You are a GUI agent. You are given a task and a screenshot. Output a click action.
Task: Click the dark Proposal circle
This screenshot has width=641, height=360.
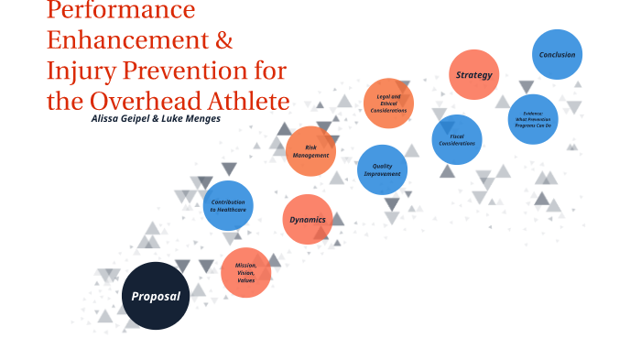coord(156,296)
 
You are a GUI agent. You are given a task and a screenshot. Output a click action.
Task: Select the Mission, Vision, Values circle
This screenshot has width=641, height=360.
coord(245,272)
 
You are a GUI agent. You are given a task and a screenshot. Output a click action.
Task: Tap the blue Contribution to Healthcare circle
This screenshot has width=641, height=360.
coord(228,206)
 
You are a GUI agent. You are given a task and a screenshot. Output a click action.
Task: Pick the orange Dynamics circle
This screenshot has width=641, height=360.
coord(308,220)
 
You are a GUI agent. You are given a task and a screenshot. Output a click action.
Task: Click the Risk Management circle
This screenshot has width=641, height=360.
coord(310,151)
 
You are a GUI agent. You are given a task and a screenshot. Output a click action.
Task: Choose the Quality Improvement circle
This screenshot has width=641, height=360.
coord(382,169)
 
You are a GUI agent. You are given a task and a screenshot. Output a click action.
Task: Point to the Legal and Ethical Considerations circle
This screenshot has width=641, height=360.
coord(388,103)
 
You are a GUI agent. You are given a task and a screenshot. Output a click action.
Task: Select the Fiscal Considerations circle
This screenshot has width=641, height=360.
coord(456,139)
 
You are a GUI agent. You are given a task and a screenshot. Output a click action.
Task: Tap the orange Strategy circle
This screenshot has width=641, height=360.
coord(473,74)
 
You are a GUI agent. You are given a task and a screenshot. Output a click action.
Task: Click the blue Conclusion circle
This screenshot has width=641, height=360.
coord(557,55)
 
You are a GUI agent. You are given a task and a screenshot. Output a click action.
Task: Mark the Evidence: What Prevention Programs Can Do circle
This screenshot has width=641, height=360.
coord(532,119)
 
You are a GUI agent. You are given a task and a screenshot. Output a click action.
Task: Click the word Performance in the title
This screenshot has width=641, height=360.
coord(121,11)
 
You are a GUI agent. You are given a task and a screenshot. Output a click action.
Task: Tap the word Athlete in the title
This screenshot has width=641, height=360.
coord(246,101)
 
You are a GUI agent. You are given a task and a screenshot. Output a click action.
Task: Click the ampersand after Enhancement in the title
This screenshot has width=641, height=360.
coord(223,41)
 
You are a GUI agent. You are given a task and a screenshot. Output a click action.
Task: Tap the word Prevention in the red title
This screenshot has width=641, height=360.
coord(180,71)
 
